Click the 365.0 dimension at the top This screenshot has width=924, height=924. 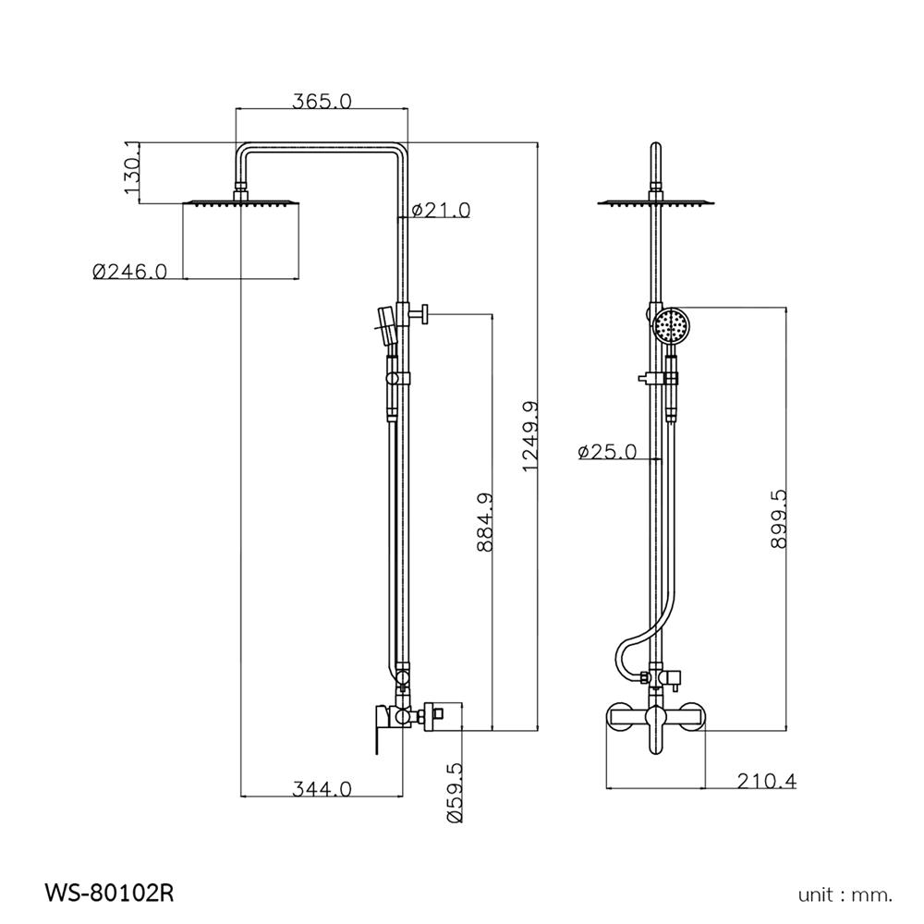[322, 102]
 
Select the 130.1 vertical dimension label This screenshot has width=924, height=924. [131, 172]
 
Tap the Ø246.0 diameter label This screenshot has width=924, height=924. [129, 271]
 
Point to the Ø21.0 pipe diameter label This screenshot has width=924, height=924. [441, 211]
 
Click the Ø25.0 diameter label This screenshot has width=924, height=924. [607, 452]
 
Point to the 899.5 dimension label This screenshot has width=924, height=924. [777, 519]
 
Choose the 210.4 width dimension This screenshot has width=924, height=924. [766, 782]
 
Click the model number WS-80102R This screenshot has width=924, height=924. [109, 894]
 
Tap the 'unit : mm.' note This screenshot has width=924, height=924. [845, 894]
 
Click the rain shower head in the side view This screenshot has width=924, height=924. [243, 202]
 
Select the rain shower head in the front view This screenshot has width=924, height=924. [656, 201]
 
